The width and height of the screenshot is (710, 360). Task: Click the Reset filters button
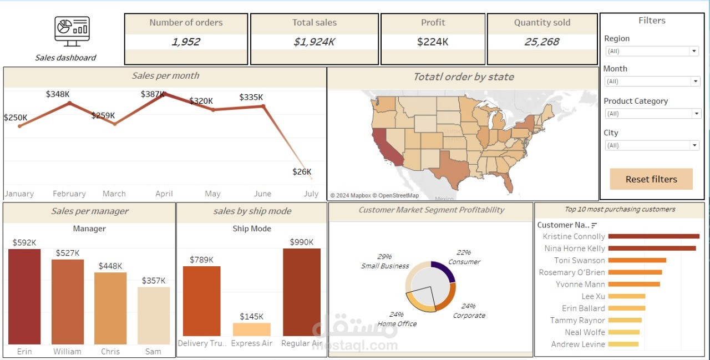pos(651,179)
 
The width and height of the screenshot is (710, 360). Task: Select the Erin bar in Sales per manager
pos(24,297)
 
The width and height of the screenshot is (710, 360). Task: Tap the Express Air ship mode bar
pos(252,329)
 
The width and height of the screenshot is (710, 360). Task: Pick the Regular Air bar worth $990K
pos(301,292)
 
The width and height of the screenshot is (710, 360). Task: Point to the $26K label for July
pos(302,172)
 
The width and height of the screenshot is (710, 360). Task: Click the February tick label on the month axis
pos(69,194)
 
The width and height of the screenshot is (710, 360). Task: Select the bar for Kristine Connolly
pos(653,236)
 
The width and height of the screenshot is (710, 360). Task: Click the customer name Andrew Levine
pos(578,344)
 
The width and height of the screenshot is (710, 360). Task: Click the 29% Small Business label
pos(384,261)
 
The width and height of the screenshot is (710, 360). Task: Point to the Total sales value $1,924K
pos(315,42)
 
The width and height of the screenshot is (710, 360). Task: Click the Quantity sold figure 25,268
pos(542,42)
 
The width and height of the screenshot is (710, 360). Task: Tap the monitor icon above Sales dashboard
pos(72,31)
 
